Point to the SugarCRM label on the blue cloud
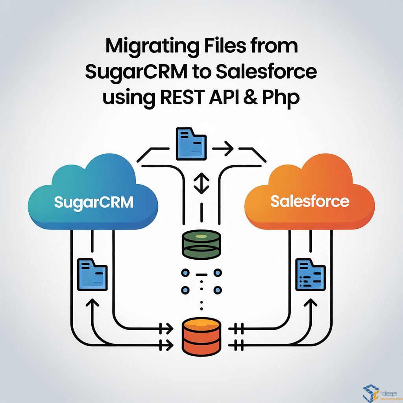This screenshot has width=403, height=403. (94, 201)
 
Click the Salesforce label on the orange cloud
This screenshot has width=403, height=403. (310, 201)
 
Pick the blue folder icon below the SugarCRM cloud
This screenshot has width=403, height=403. (92, 274)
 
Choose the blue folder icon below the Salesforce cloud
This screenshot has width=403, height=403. (311, 274)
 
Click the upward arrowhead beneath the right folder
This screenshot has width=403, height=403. (311, 304)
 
